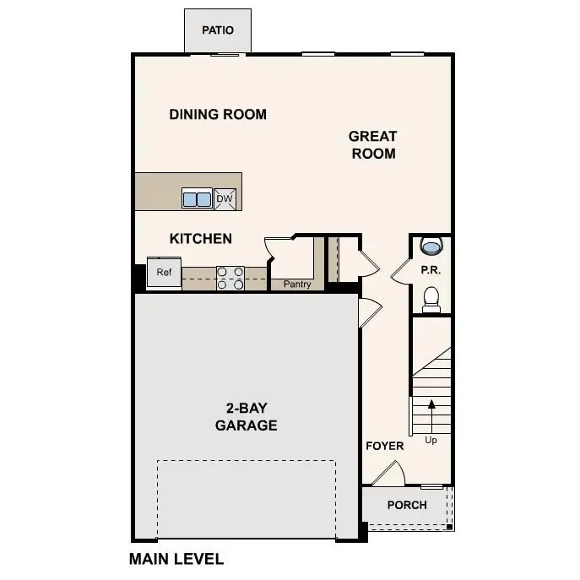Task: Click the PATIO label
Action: click(218, 30)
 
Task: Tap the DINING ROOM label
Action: click(218, 114)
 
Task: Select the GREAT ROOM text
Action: click(372, 144)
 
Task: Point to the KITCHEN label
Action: click(201, 239)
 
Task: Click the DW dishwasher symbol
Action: click(225, 198)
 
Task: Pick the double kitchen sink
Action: click(197, 199)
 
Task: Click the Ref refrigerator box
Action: click(164, 272)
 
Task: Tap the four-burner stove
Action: click(230, 278)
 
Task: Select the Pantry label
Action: click(297, 285)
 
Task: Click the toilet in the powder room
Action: click(431, 298)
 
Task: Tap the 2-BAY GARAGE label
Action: click(246, 417)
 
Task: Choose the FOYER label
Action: click(384, 446)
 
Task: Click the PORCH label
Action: click(407, 505)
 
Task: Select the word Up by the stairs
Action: click(431, 440)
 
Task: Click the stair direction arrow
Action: click(431, 414)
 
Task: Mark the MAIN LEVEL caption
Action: click(176, 559)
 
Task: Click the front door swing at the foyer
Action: click(389, 474)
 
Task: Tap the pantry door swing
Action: click(277, 249)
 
